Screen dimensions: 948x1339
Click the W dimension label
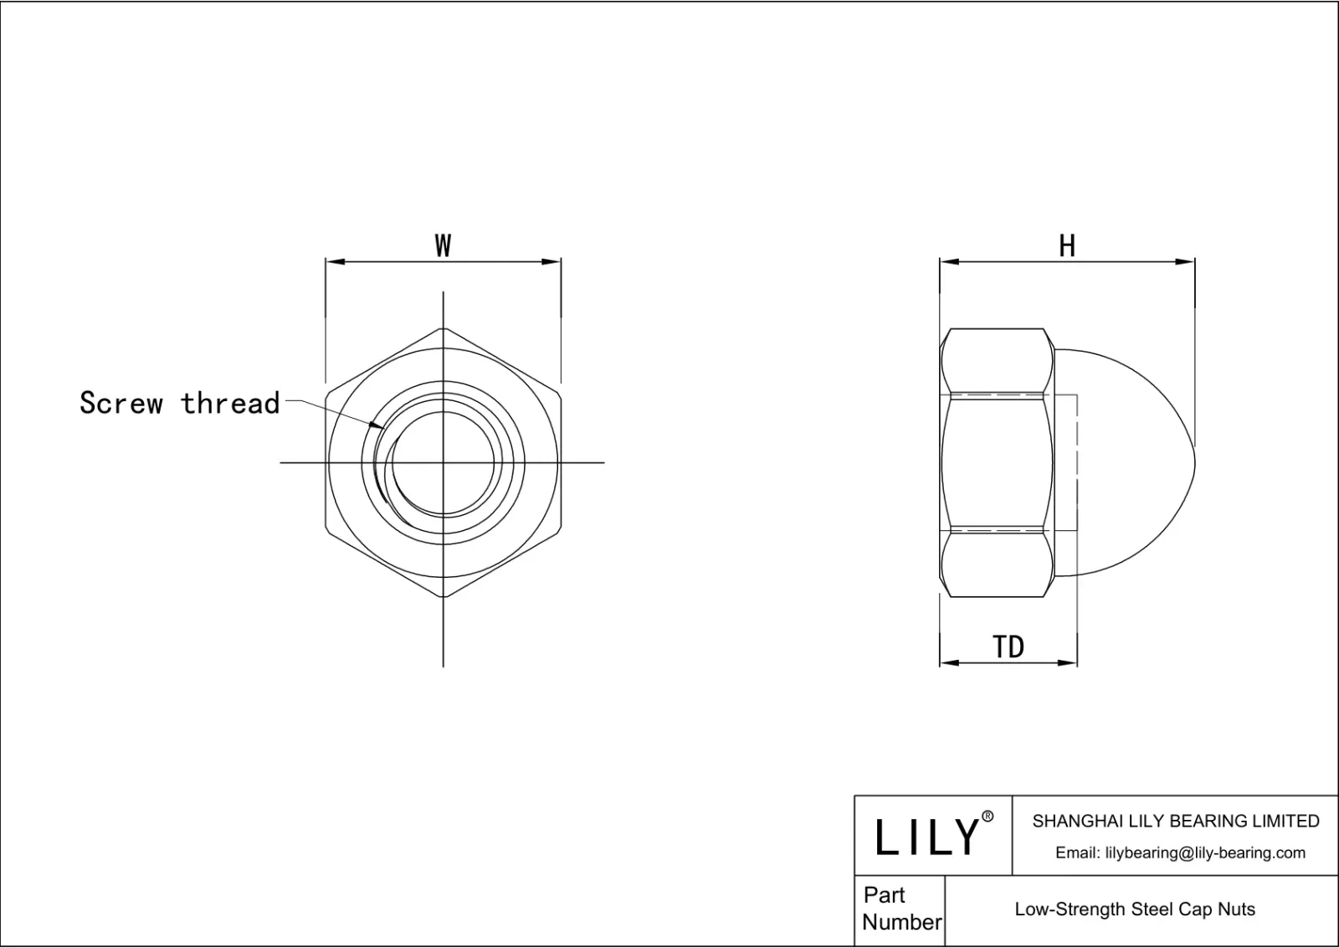[x=443, y=246]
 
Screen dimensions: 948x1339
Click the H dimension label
[x=1067, y=246]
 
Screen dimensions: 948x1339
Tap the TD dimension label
[x=1008, y=647]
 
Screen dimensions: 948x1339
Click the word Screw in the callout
[x=121, y=403]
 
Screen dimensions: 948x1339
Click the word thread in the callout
[x=230, y=403]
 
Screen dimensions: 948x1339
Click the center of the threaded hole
[x=443, y=462]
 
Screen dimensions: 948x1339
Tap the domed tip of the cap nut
[x=1193, y=462]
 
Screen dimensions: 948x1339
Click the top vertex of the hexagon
[x=443, y=327]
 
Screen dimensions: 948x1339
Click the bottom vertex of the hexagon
[x=443, y=597]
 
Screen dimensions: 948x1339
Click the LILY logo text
[x=926, y=837]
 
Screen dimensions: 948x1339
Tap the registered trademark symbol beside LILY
[x=988, y=817]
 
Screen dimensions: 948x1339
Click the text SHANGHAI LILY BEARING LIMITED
[x=1176, y=822]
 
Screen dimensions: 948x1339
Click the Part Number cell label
[x=900, y=909]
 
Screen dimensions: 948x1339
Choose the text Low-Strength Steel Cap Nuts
[x=1135, y=909]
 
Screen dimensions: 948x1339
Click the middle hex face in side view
[x=996, y=461]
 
